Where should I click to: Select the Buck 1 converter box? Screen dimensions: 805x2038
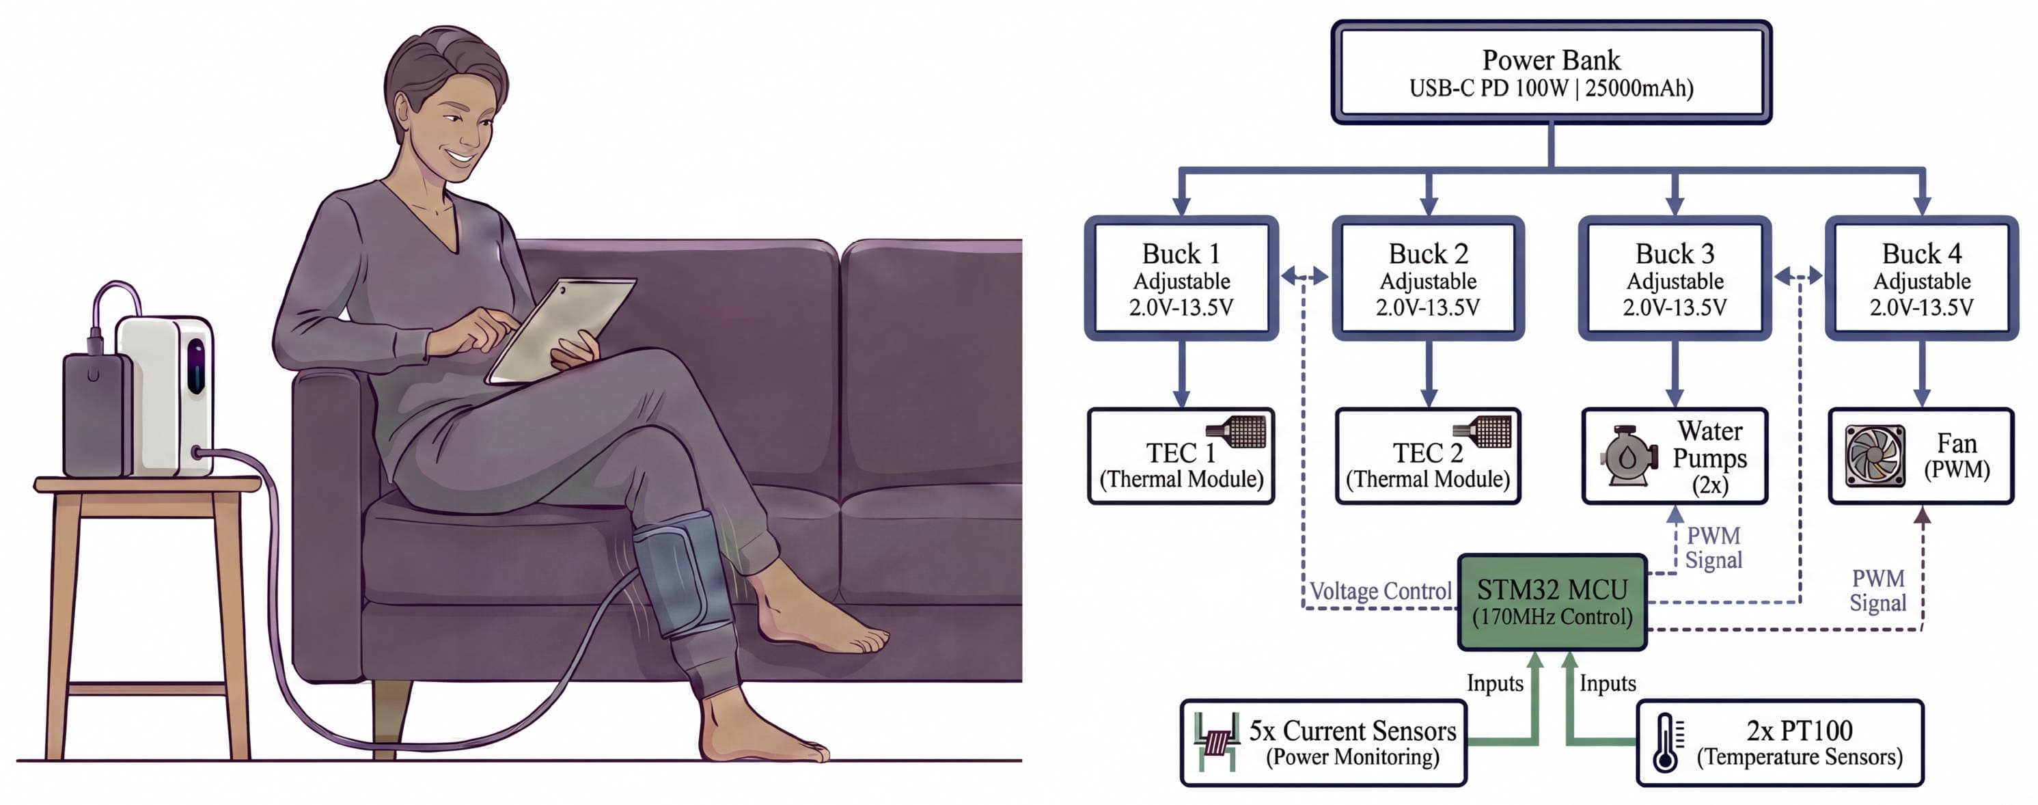pyautogui.click(x=1181, y=279)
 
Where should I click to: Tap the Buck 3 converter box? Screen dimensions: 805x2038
pyautogui.click(x=1674, y=279)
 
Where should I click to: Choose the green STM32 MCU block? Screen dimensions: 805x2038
pyautogui.click(x=1552, y=602)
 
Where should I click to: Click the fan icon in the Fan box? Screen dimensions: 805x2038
pyautogui.click(x=1874, y=456)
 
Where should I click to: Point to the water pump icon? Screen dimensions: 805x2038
pyautogui.click(x=1628, y=456)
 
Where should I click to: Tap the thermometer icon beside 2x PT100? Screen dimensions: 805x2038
pyautogui.click(x=1666, y=741)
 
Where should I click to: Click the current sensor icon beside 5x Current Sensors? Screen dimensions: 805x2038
pyautogui.click(x=1217, y=741)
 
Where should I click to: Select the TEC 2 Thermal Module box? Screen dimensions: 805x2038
pyautogui.click(x=1427, y=456)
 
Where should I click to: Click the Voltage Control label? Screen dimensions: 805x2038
pyautogui.click(x=1380, y=591)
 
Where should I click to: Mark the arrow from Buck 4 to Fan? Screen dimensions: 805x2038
pyautogui.click(x=1922, y=374)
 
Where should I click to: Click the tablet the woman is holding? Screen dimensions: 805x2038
pyautogui.click(x=561, y=329)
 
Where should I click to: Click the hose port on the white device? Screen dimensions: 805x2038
pyautogui.click(x=197, y=453)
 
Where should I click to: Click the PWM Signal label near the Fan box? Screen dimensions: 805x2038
pyautogui.click(x=1877, y=590)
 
